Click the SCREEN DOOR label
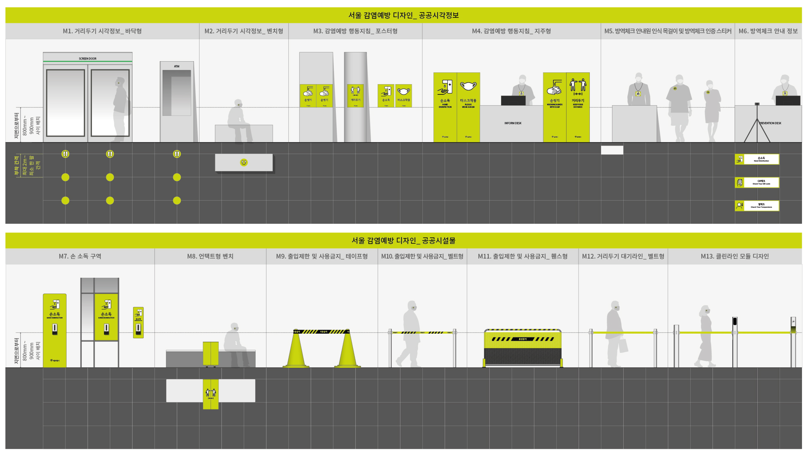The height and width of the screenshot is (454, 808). coord(87,58)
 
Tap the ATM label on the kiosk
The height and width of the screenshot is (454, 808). coord(177,66)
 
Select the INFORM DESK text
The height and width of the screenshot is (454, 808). coord(513,123)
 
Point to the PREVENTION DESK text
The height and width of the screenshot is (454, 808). coord(770,123)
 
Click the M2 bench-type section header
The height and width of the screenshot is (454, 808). coord(244,31)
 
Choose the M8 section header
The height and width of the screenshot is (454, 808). coord(210,256)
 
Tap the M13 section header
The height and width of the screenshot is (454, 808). coord(735,256)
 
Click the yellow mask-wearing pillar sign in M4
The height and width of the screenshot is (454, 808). coord(468,107)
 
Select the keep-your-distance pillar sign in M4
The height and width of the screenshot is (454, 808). coord(578,107)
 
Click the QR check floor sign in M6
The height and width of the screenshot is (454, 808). coord(757,182)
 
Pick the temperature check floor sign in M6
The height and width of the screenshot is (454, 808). coord(757,206)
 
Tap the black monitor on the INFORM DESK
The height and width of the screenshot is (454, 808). coord(513,101)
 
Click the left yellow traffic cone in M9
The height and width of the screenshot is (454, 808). coord(296,350)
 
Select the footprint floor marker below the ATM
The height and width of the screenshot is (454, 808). coord(177,154)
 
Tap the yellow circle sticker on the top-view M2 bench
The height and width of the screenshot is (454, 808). coord(244,162)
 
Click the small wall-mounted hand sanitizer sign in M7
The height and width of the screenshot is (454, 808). coord(138,322)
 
